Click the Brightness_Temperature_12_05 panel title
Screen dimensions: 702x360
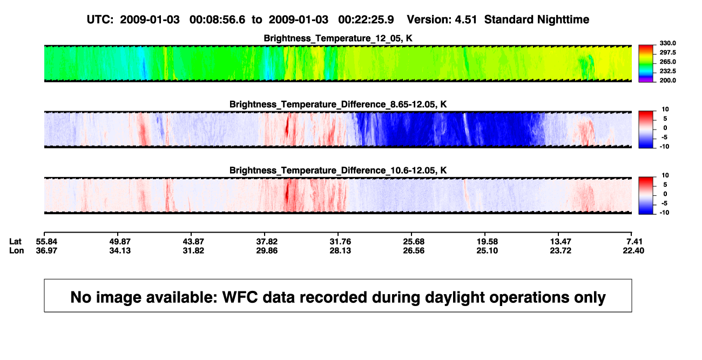tap(338, 38)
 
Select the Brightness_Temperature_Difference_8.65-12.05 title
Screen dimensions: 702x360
tap(338, 104)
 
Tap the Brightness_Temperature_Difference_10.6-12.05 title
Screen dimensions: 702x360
tap(338, 171)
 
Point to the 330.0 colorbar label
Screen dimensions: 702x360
tap(667, 43)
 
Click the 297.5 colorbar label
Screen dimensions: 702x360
tap(667, 52)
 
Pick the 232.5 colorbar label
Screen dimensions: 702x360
tap(667, 71)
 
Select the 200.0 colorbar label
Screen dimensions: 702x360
tap(667, 80)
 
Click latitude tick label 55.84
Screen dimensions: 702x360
tap(46, 242)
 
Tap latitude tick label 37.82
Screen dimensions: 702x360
tap(267, 242)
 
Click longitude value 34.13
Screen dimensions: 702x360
tap(120, 250)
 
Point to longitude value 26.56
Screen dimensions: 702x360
tap(414, 250)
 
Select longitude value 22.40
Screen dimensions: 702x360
tap(633, 250)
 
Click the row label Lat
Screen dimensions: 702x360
tap(15, 242)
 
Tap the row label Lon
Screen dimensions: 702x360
tap(17, 250)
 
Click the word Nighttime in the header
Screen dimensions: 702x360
tap(563, 20)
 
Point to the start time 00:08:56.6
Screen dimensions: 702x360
tap(217, 20)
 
